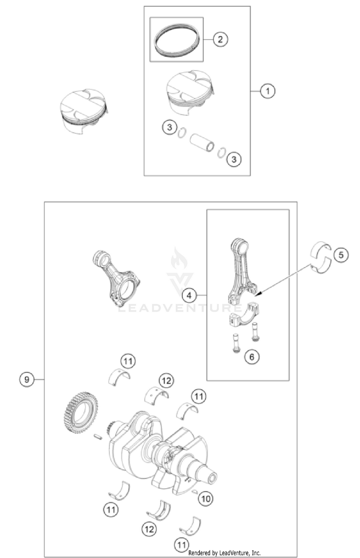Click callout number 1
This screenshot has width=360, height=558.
point(267,91)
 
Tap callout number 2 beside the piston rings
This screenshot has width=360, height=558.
point(220,39)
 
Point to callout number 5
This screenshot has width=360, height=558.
point(341,255)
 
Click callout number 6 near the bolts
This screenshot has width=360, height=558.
point(252,356)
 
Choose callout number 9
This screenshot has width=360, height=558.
point(27,380)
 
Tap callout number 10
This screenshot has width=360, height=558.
point(206,499)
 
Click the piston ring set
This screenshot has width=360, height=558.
point(177,40)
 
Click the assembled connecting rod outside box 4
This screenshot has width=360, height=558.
point(117,278)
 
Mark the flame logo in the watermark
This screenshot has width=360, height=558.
point(179,259)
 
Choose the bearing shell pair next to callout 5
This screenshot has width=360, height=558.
point(321,258)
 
